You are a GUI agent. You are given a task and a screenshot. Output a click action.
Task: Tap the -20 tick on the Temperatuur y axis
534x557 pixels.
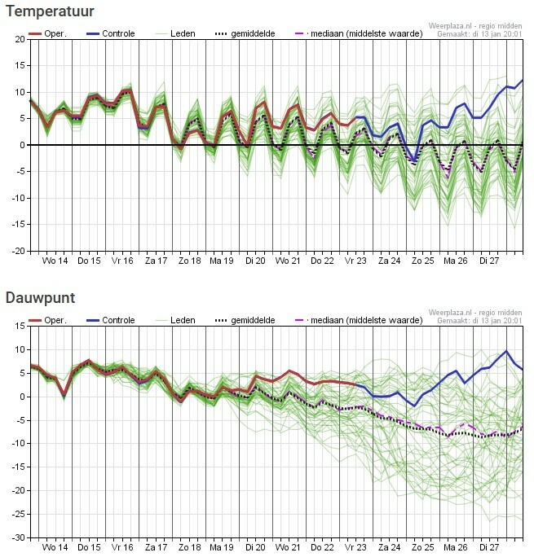coord(16,251)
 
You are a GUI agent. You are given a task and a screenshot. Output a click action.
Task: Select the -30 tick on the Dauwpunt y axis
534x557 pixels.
coord(16,537)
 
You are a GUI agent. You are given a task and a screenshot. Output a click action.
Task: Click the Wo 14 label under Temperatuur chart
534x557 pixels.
coord(55,261)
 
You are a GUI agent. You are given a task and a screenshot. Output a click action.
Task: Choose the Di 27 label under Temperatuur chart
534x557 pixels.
coord(489,261)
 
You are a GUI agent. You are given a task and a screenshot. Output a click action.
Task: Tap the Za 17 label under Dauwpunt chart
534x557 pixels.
coord(155,547)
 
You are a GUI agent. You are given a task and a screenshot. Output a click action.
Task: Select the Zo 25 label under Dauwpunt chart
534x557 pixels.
coord(422,547)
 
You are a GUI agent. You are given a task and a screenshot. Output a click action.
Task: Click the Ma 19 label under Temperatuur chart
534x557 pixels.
coord(222,261)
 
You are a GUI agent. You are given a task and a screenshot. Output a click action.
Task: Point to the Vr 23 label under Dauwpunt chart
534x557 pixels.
coord(355,547)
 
